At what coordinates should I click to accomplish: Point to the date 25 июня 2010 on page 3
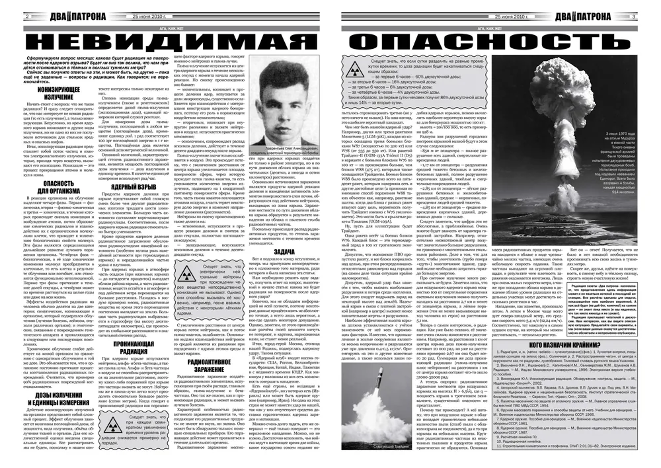(x=512, y=15)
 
